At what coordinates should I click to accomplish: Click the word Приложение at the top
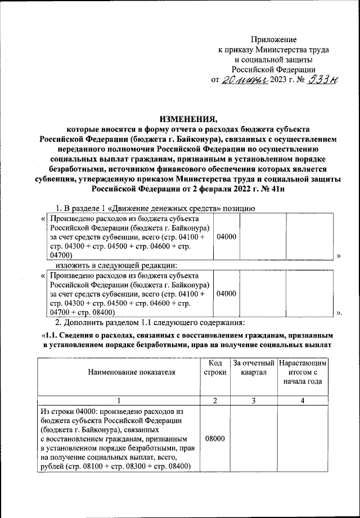273,40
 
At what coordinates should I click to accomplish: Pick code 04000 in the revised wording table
226,293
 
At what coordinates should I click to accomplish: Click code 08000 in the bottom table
215,437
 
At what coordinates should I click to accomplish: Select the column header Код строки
215,367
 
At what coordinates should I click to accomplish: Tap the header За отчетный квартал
254,367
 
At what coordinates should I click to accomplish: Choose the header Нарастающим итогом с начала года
303,372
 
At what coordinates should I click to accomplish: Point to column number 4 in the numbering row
303,400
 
